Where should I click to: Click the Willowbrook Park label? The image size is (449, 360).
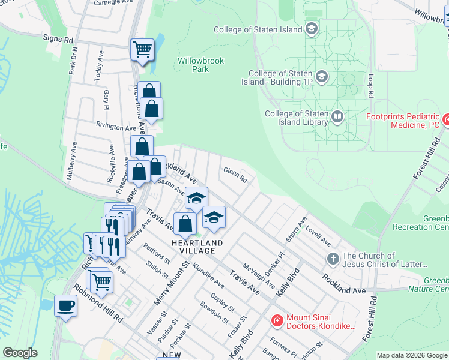(193, 65)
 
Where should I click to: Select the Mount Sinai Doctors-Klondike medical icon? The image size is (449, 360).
(277, 320)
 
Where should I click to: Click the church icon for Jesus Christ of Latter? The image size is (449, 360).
(333, 259)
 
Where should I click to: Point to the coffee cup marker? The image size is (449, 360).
(65, 305)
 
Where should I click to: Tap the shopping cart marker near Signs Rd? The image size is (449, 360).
(142, 49)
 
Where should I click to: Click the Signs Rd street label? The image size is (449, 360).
(58, 39)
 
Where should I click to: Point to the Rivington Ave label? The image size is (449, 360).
(116, 128)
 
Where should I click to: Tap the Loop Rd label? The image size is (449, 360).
(371, 86)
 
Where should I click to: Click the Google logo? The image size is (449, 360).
(20, 353)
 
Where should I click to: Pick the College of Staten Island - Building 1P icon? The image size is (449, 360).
(322, 76)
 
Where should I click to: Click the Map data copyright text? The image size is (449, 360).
(411, 355)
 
